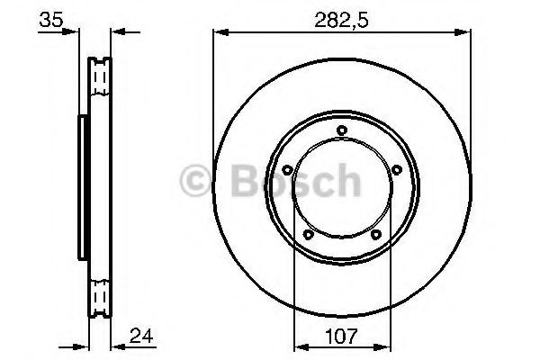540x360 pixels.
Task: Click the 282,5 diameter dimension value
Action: (x=341, y=18)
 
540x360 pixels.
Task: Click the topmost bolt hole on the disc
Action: (x=342, y=131)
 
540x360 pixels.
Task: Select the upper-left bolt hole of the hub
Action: (x=287, y=169)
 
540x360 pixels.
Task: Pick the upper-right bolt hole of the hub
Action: (x=396, y=169)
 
